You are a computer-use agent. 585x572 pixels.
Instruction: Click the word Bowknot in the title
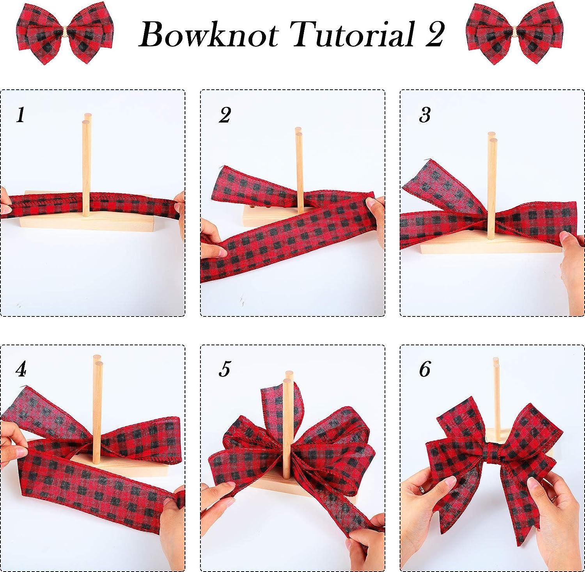click(208, 35)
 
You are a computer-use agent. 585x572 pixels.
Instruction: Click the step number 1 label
click(21, 115)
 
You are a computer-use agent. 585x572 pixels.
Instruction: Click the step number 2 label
click(225, 115)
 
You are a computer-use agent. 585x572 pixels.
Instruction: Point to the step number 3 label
click(425, 115)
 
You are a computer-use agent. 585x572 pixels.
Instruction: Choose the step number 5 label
click(225, 369)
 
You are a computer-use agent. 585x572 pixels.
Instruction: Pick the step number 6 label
click(425, 369)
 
